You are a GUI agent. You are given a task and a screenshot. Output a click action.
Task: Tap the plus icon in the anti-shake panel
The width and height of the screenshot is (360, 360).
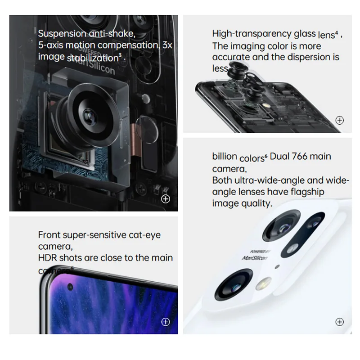pyautogui.click(x=166, y=199)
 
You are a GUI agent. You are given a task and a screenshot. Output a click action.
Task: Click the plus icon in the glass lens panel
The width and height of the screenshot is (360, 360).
pyautogui.click(x=340, y=120)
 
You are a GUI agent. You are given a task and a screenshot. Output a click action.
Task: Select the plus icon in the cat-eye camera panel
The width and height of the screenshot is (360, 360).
pyautogui.click(x=166, y=321)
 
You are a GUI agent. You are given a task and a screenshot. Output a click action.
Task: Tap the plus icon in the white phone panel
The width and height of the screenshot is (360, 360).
pyautogui.click(x=340, y=321)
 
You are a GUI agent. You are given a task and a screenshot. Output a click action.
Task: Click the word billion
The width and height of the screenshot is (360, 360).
pyautogui.click(x=225, y=157)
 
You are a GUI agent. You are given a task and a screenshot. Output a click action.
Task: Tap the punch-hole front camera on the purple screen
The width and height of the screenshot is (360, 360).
pyautogui.click(x=70, y=287)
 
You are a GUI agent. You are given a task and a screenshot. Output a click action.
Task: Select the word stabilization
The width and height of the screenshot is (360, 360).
pyautogui.click(x=93, y=58)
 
